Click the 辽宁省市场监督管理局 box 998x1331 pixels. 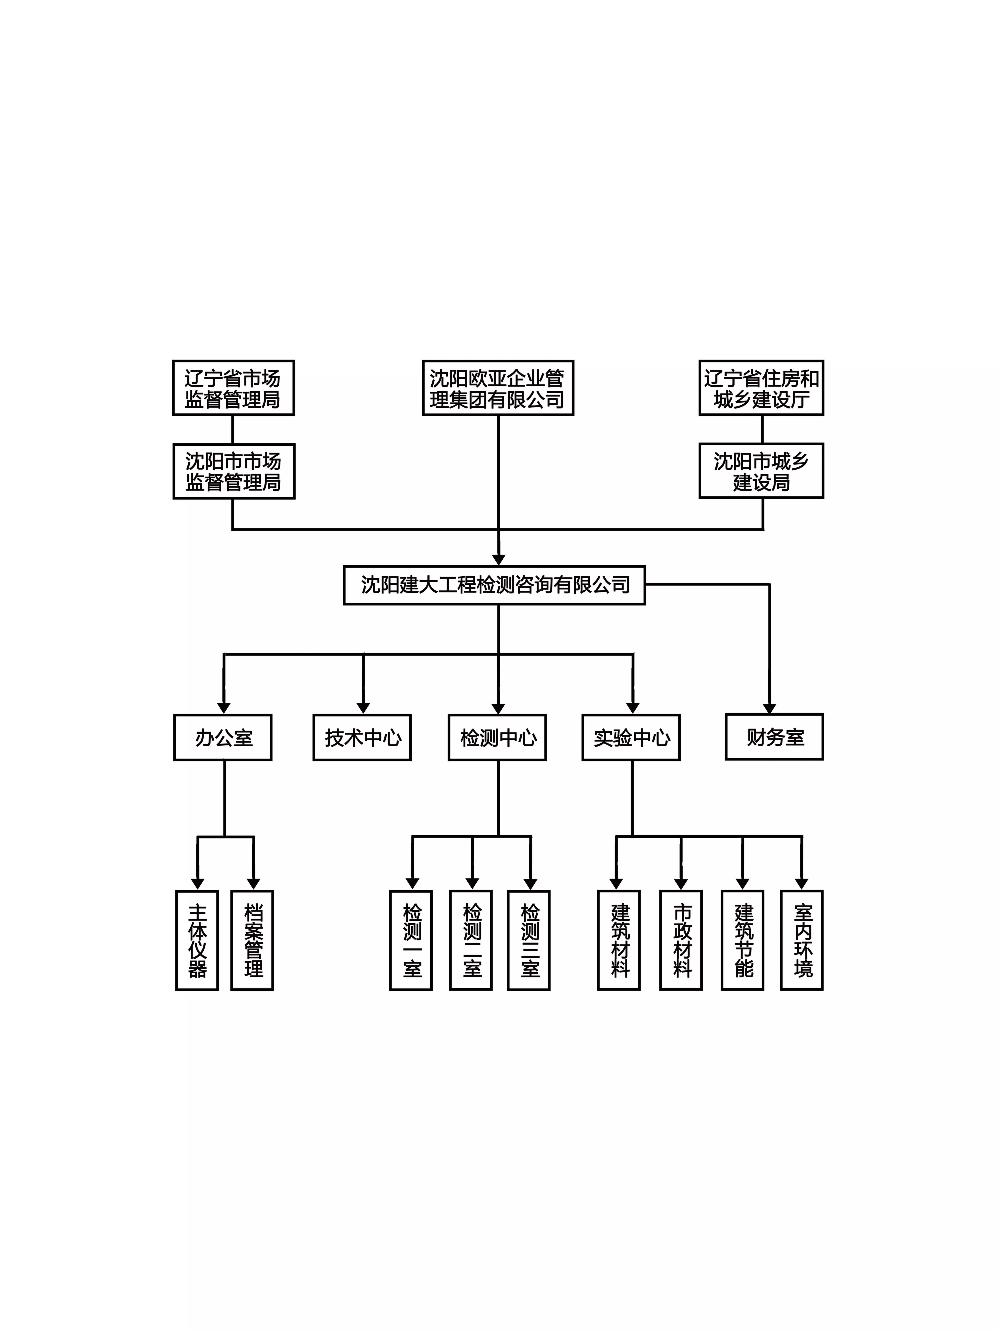pos(233,388)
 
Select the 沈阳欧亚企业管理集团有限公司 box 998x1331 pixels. pos(498,388)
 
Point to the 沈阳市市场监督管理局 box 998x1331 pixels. pos(234,471)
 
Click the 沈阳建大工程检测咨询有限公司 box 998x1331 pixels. pos(494,585)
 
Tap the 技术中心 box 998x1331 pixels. pos(362,738)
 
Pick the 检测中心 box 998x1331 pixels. pos(498,738)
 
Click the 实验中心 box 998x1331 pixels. pos(631,738)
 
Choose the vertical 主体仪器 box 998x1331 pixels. pos(197,940)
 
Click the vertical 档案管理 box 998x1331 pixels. pos(253,940)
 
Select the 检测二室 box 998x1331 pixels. pos(471,940)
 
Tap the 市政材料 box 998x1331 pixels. pos(681,940)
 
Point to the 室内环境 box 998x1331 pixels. pos(802,940)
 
